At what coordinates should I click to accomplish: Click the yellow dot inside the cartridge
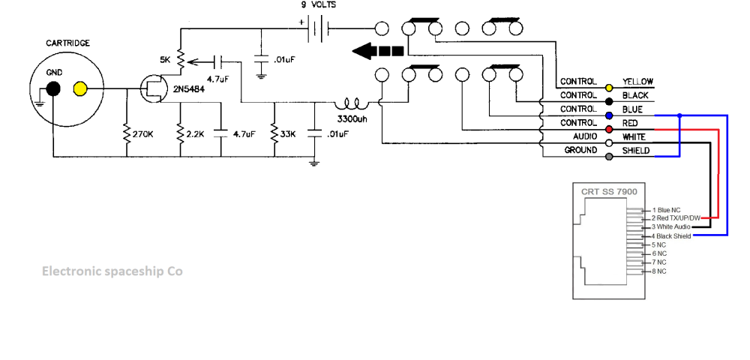point(80,90)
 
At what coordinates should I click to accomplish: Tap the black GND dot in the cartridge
point(52,90)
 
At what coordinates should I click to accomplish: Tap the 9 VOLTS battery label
point(319,4)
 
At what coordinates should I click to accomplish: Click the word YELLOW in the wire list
point(638,82)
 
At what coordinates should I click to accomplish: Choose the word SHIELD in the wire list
point(636,151)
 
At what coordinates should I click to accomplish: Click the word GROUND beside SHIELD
point(580,151)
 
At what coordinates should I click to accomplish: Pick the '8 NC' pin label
point(659,271)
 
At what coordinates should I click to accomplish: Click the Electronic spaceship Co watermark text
point(112,271)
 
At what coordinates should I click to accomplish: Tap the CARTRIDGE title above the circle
point(67,43)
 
